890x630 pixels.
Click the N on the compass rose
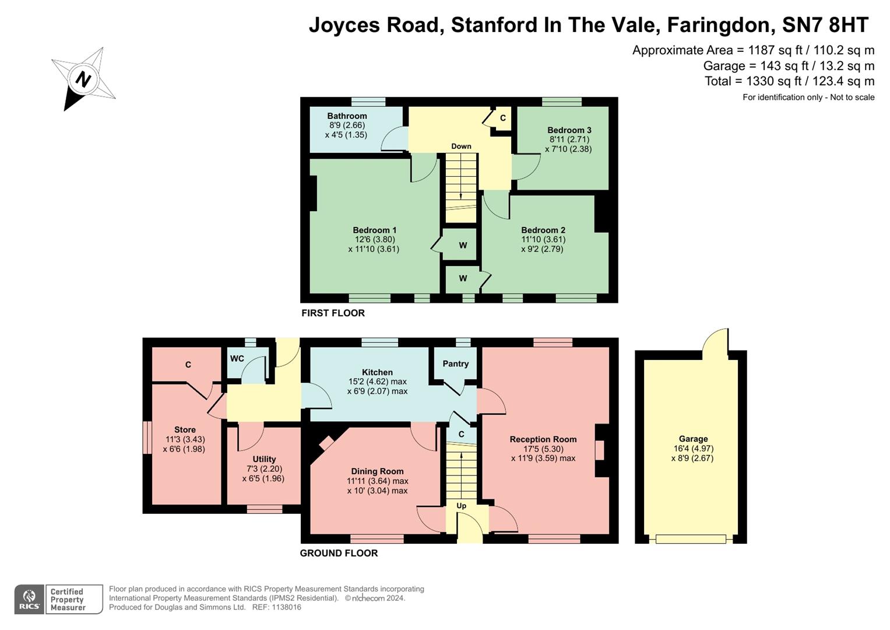[84, 79]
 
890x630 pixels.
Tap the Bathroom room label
[347, 116]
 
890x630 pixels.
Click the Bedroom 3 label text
[569, 130]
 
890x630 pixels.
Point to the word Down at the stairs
[461, 146]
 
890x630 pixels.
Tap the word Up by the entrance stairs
[461, 506]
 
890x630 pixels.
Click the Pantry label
[455, 364]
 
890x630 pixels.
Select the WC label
[237, 359]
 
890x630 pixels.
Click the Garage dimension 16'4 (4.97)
[693, 449]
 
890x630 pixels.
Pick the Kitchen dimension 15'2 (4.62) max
[377, 381]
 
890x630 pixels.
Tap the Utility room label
[264, 459]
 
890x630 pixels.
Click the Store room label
[185, 430]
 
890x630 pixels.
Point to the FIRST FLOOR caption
[333, 313]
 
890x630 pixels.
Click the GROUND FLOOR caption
[339, 553]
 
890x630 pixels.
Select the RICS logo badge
[29, 599]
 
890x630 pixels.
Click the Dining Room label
[377, 471]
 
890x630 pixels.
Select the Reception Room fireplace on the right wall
[600, 451]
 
